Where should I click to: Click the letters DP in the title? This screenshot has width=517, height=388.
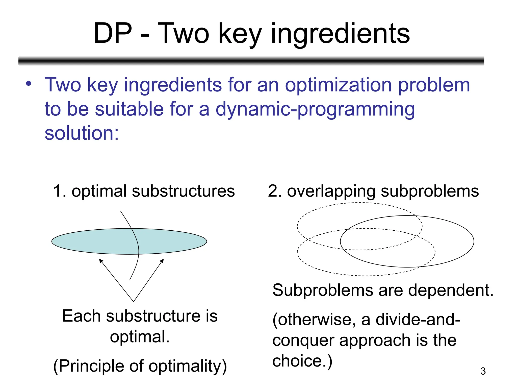pyautogui.click(x=113, y=33)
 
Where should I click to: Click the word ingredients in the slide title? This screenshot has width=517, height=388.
pyautogui.click(x=340, y=34)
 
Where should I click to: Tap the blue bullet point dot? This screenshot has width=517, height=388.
pyautogui.click(x=29, y=83)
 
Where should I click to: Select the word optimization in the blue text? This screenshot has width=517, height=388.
pyautogui.click(x=339, y=85)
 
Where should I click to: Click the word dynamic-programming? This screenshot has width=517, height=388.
pyautogui.click(x=315, y=109)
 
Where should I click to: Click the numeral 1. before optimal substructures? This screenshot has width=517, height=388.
pyautogui.click(x=60, y=191)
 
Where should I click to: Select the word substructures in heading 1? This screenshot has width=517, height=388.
pyautogui.click(x=183, y=191)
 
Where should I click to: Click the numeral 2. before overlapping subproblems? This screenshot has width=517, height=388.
pyautogui.click(x=275, y=191)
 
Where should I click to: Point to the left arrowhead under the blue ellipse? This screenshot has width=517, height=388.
pyautogui.click(x=101, y=261)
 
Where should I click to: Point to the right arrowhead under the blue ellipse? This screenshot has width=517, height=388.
pyautogui.click(x=162, y=261)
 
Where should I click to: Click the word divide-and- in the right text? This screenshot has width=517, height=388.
pyautogui.click(x=418, y=320)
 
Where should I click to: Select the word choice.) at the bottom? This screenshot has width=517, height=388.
pyautogui.click(x=302, y=361)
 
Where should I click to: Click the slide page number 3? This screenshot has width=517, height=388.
pyautogui.click(x=483, y=371)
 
